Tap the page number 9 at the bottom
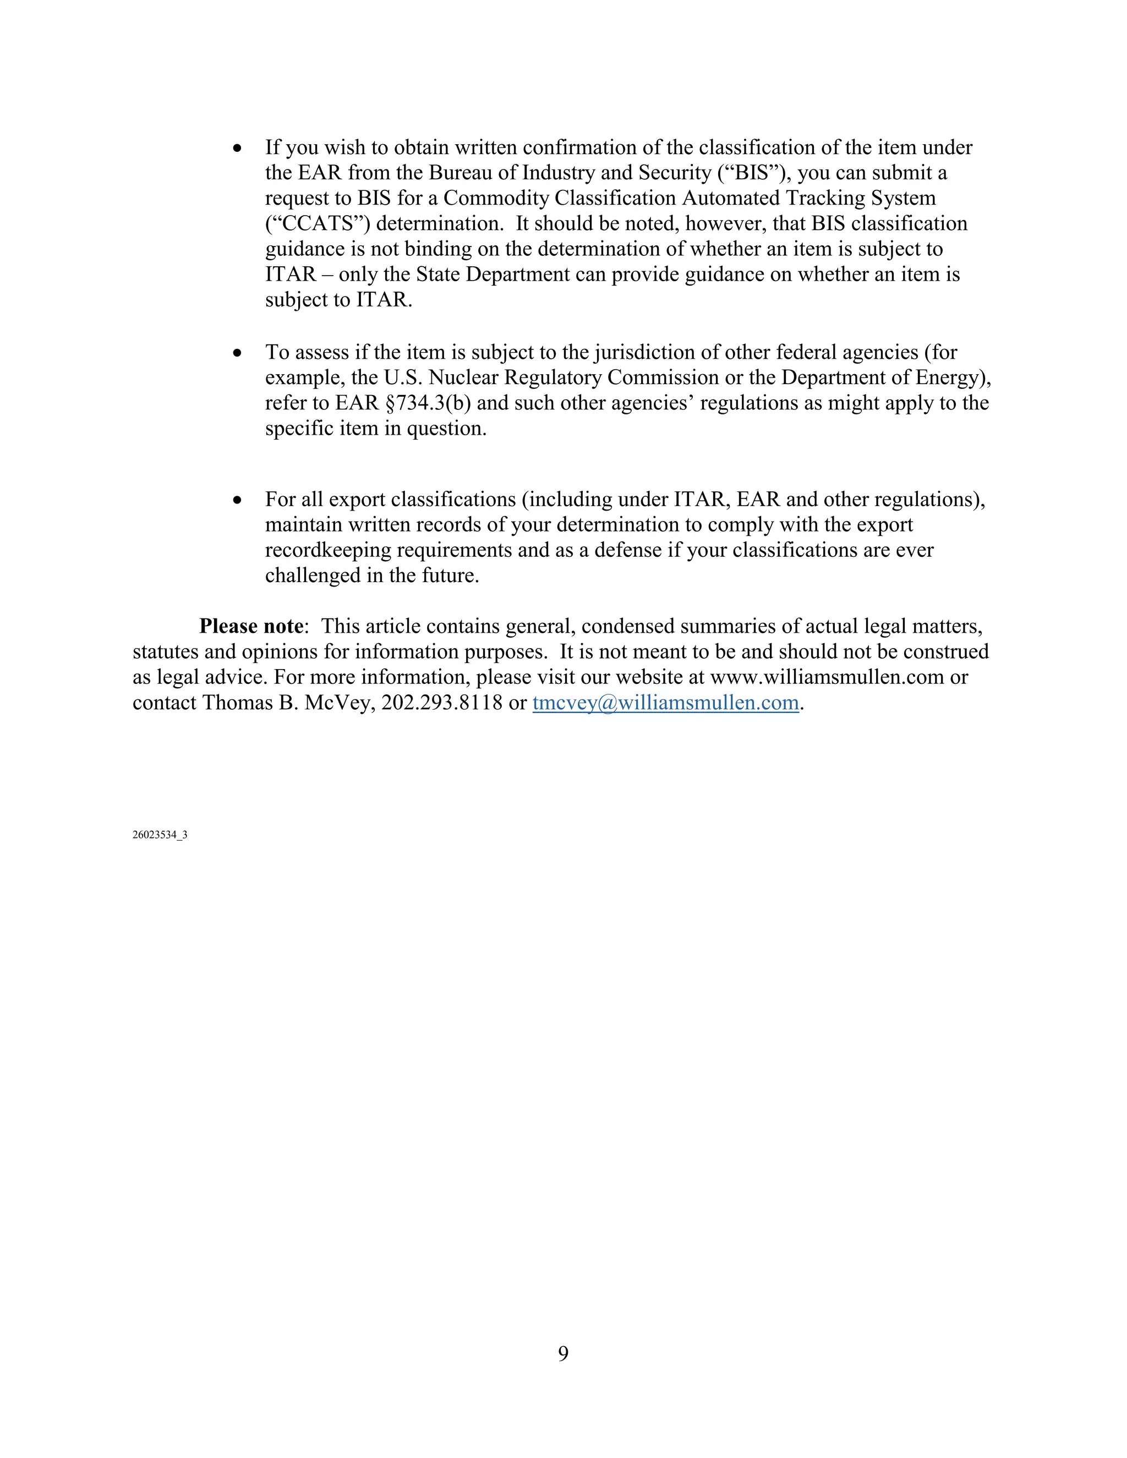tap(563, 1353)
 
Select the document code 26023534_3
tap(160, 835)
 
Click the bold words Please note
tap(251, 626)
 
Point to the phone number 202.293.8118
tap(441, 703)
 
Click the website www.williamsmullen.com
tap(827, 678)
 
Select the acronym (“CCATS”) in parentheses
tap(317, 223)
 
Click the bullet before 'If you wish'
tap(237, 148)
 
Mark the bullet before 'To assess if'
tap(237, 353)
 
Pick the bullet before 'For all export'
tap(237, 500)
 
